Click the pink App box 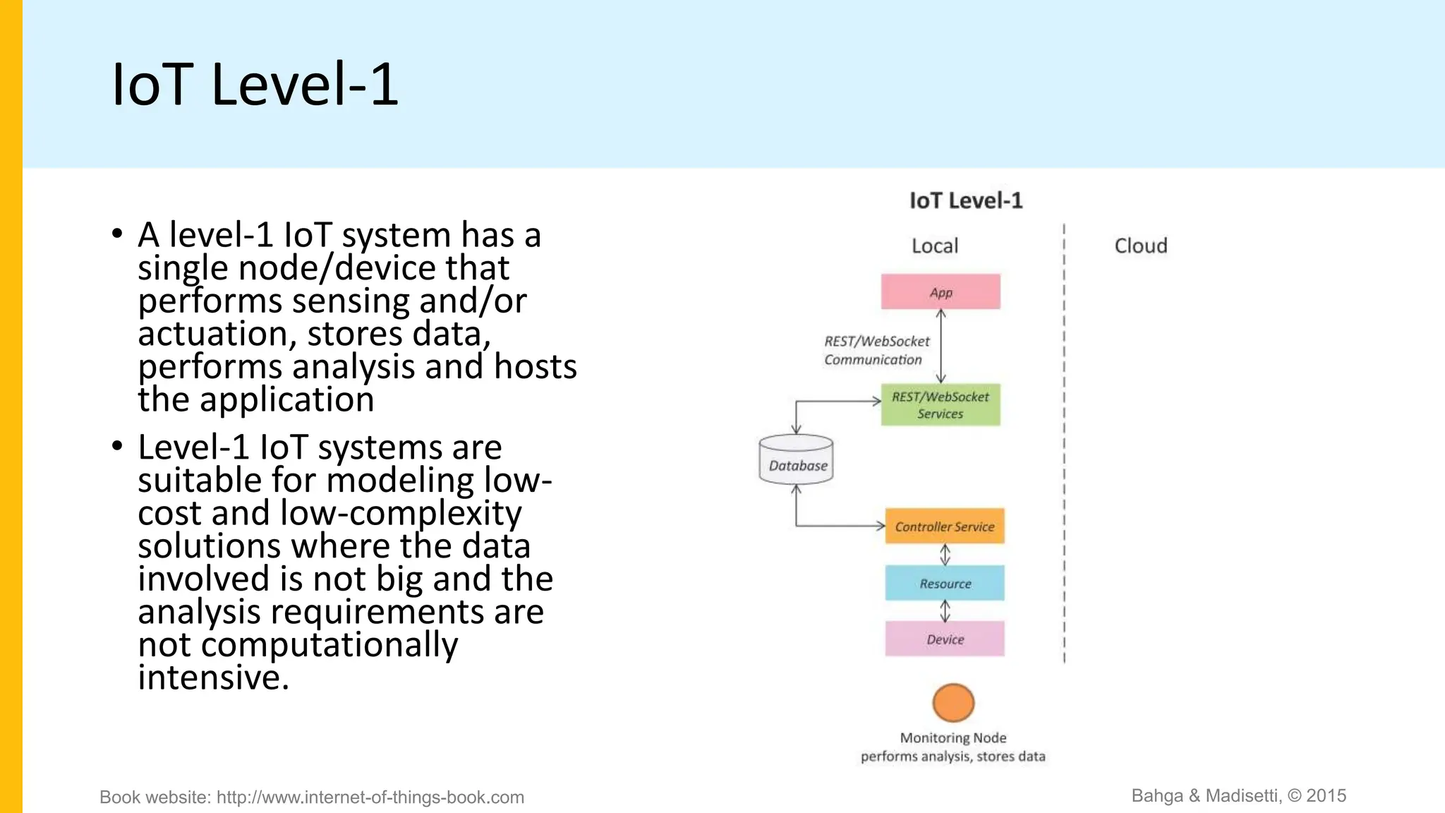tap(941, 291)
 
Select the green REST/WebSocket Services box tap(941, 404)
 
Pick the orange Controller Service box tap(945, 526)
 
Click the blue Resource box tap(945, 583)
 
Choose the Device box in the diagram tap(945, 639)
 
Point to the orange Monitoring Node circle tap(953, 702)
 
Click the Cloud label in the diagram tap(1140, 246)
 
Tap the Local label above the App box tap(935, 246)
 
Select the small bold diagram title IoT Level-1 tap(965, 200)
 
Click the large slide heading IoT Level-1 tap(255, 85)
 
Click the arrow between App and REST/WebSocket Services tap(941, 346)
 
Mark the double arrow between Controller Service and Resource tap(945, 555)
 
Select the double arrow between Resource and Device tap(945, 610)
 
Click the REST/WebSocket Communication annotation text tap(876, 350)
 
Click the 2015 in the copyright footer tap(1326, 795)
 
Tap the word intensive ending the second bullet tap(213, 677)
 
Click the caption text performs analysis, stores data tap(953, 757)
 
